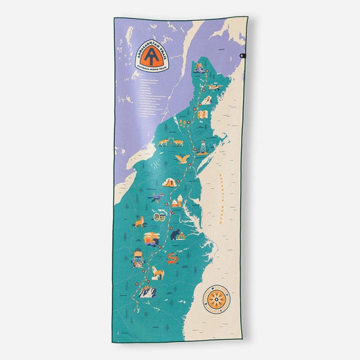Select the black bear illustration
click(x=178, y=233)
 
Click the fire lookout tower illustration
click(x=200, y=147)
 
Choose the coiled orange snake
click(x=172, y=258)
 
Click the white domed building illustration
click(x=178, y=201)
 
